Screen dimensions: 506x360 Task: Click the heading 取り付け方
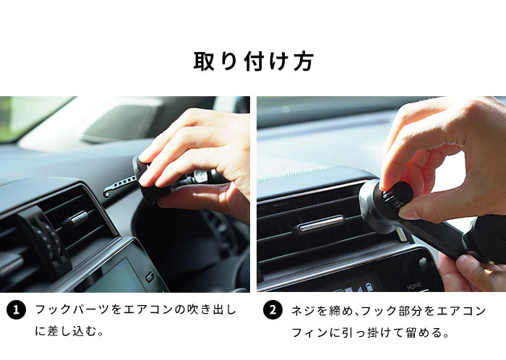(x=253, y=61)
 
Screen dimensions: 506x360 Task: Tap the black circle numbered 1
(x=16, y=310)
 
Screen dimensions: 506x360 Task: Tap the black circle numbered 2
(x=273, y=310)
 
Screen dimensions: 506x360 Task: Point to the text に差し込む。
(x=69, y=331)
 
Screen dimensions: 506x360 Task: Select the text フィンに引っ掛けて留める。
(x=370, y=333)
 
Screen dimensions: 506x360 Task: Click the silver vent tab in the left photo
(x=80, y=217)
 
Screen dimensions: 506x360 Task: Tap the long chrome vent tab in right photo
(x=322, y=223)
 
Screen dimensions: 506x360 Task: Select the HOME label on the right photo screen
(x=413, y=286)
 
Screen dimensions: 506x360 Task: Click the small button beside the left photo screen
(x=150, y=277)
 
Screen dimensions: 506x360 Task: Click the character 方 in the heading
(x=304, y=61)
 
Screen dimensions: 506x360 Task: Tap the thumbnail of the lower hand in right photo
(x=462, y=261)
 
